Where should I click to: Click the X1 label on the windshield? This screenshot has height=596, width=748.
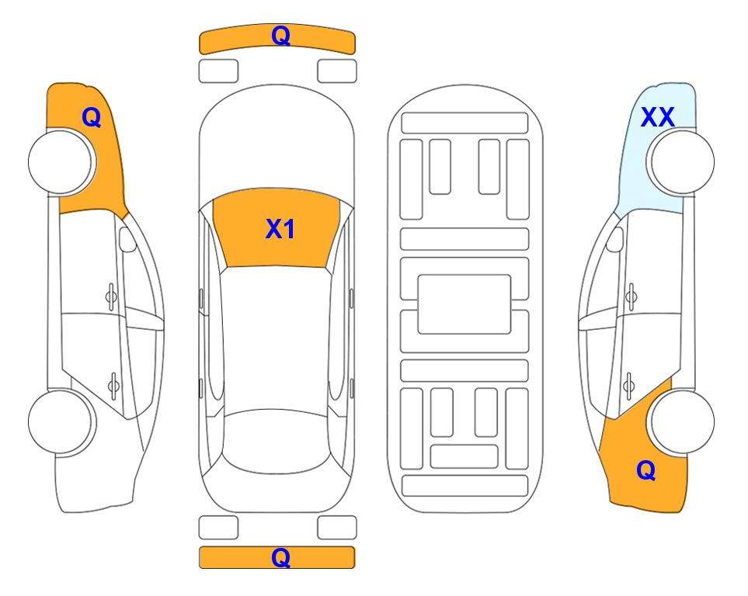pyautogui.click(x=280, y=229)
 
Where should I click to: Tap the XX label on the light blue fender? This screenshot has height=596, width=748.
pyautogui.click(x=657, y=117)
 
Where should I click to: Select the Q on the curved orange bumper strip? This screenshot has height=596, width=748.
pyautogui.click(x=280, y=36)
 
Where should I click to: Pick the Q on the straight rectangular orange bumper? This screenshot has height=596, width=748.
pyautogui.click(x=280, y=557)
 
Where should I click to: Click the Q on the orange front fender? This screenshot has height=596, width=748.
pyautogui.click(x=91, y=117)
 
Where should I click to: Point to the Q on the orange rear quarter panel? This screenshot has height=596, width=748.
pyautogui.click(x=646, y=470)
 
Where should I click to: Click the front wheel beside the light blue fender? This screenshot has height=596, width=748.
pyautogui.click(x=682, y=162)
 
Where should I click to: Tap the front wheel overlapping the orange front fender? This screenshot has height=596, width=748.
pyautogui.click(x=61, y=162)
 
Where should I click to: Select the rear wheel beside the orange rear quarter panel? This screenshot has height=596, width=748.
pyautogui.click(x=682, y=421)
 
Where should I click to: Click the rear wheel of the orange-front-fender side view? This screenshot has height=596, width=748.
pyautogui.click(x=61, y=421)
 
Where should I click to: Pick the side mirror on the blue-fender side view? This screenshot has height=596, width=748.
pyautogui.click(x=615, y=239)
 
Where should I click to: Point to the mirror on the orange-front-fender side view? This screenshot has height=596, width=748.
pyautogui.click(x=127, y=239)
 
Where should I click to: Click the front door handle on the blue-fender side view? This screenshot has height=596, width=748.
pyautogui.click(x=631, y=296)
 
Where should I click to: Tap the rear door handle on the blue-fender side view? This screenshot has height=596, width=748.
pyautogui.click(x=629, y=386)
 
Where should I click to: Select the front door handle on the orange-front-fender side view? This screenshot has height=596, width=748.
pyautogui.click(x=111, y=296)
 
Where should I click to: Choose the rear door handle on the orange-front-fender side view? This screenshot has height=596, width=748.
pyautogui.click(x=113, y=386)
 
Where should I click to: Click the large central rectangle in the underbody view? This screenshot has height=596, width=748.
pyautogui.click(x=464, y=304)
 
